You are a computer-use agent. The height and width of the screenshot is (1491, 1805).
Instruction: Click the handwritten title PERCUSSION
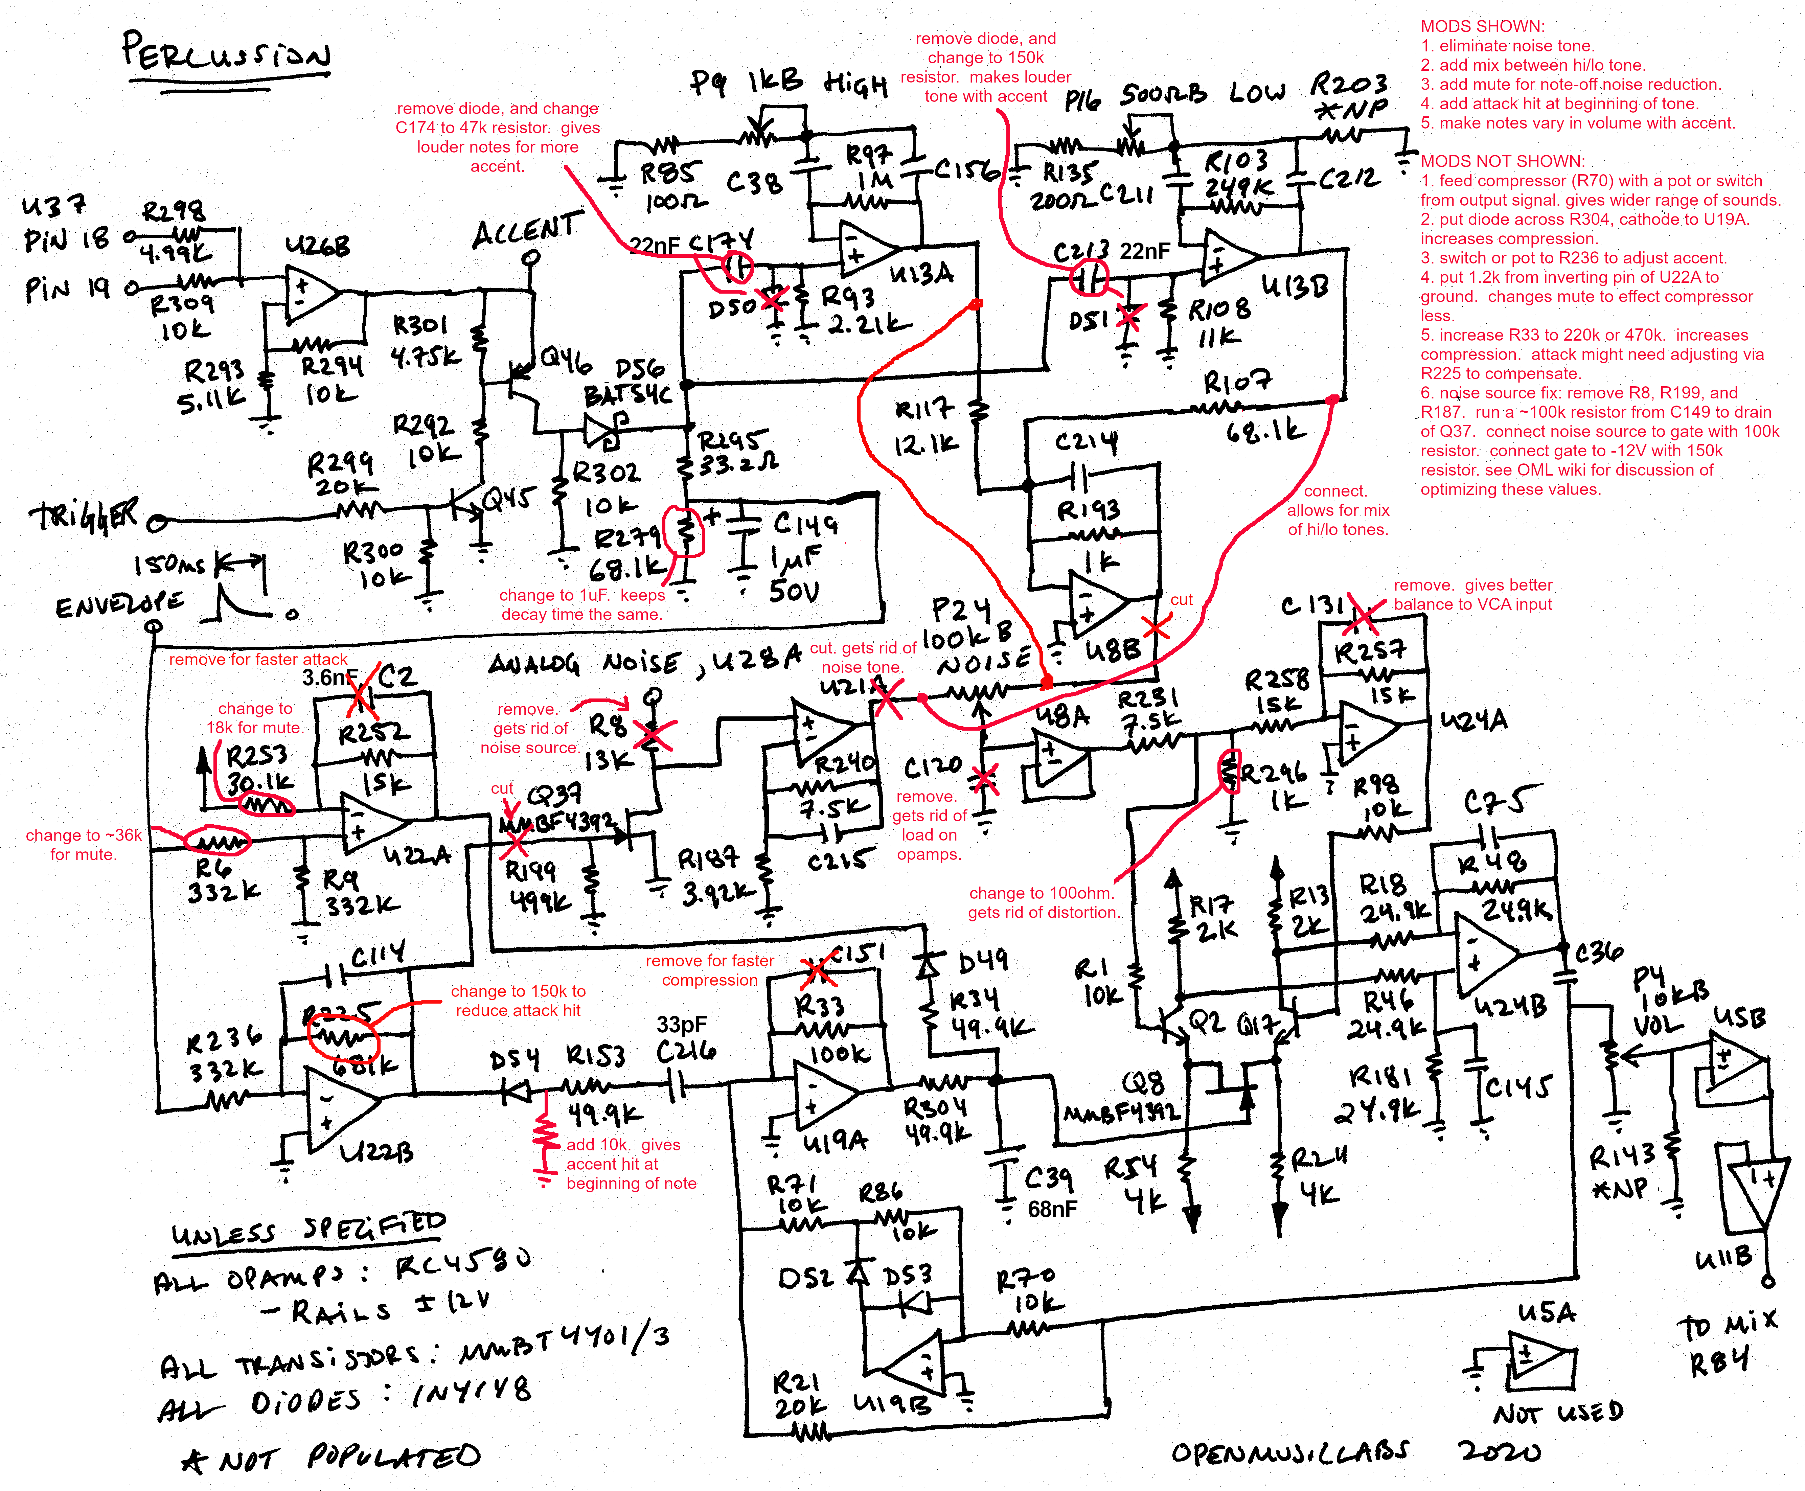[226, 53]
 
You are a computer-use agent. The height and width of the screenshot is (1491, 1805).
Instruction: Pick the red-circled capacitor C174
[737, 268]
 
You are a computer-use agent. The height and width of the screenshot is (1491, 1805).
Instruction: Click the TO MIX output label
[1726, 1325]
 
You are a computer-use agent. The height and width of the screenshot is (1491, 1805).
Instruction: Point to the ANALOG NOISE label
[584, 663]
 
